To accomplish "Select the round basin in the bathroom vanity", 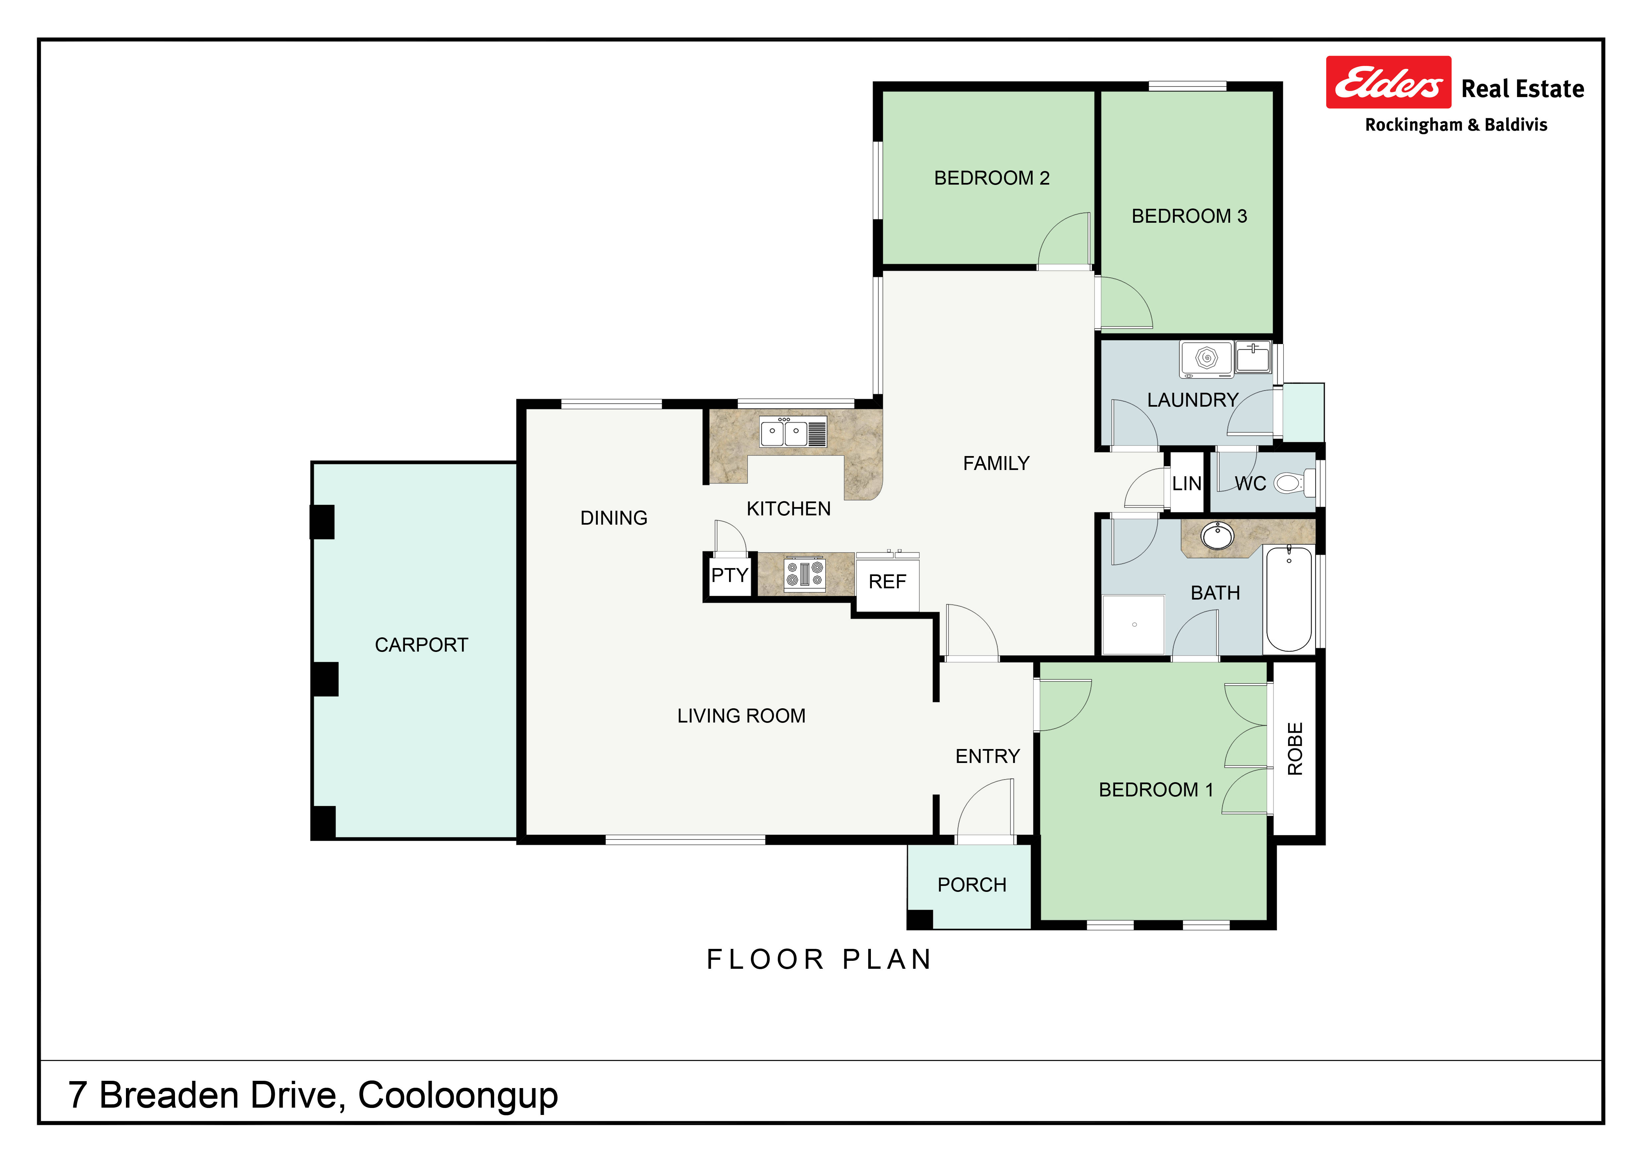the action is click(x=1217, y=535).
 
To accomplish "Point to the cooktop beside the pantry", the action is click(x=805, y=575).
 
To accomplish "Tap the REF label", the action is click(x=887, y=582).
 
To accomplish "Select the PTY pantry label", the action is click(x=729, y=575).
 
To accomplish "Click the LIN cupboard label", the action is click(x=1186, y=484).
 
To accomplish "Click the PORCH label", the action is click(x=972, y=885).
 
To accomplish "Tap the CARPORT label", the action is click(x=422, y=645).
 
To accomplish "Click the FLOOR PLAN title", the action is click(x=820, y=959).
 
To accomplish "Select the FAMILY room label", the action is click(x=996, y=464).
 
